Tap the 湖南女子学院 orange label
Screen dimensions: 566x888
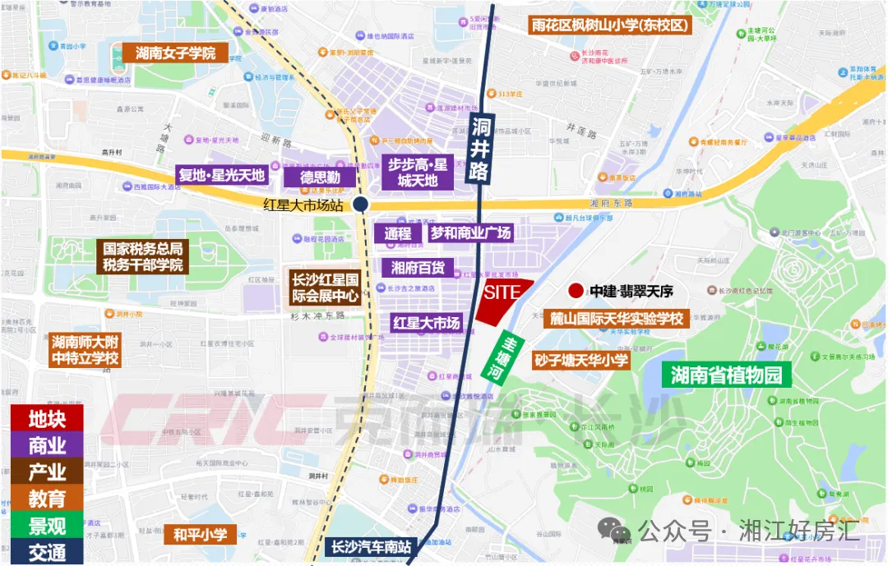(175, 53)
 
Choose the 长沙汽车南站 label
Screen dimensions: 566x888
(372, 546)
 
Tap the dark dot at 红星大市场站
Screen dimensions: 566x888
(359, 205)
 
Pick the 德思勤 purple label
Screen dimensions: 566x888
(320, 177)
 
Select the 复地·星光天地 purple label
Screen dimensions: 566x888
(222, 175)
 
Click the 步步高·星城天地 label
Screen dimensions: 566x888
(418, 173)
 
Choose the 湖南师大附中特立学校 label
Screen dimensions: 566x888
(86, 350)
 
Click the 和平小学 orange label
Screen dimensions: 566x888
(200, 535)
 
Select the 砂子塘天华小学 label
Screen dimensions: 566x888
(580, 360)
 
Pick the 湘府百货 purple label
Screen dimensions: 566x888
(419, 267)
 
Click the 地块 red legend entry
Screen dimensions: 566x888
(47, 418)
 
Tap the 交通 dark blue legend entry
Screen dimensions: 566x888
(47, 552)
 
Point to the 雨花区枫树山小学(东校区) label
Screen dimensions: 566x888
(611, 25)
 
